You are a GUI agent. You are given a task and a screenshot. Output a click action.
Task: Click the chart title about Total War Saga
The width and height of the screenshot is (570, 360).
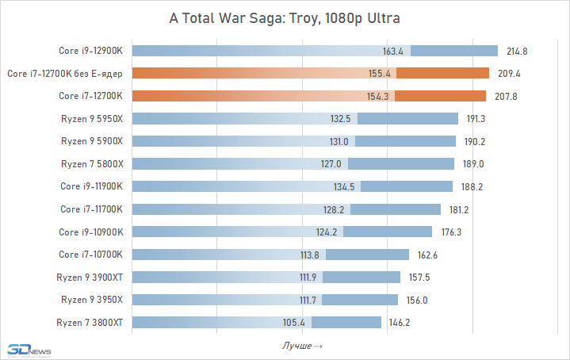pyautogui.click(x=285, y=17)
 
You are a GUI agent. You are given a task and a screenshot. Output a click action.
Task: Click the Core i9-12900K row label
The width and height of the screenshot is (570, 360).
pyautogui.click(x=91, y=51)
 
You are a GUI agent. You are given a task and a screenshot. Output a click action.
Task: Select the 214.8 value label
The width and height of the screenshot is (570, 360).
pyautogui.click(x=518, y=52)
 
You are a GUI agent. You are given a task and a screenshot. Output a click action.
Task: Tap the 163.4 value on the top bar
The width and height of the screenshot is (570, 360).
pyautogui.click(x=393, y=52)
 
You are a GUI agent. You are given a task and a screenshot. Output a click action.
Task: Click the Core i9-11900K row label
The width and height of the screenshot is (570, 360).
pyautogui.click(x=91, y=186)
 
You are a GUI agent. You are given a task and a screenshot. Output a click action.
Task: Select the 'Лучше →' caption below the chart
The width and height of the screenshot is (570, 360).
pyautogui.click(x=302, y=347)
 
